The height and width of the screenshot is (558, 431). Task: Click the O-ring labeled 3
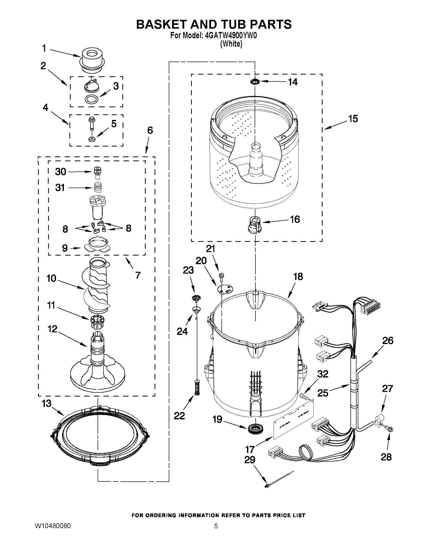(91, 99)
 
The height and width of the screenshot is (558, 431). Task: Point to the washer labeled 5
(91, 139)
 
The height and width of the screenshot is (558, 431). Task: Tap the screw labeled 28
(389, 429)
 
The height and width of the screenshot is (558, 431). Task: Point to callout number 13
(46, 404)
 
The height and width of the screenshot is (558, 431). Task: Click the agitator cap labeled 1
(92, 60)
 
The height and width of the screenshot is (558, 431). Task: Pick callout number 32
(323, 374)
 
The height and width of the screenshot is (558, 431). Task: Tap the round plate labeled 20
(225, 289)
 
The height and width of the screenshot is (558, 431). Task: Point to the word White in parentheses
(231, 44)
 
